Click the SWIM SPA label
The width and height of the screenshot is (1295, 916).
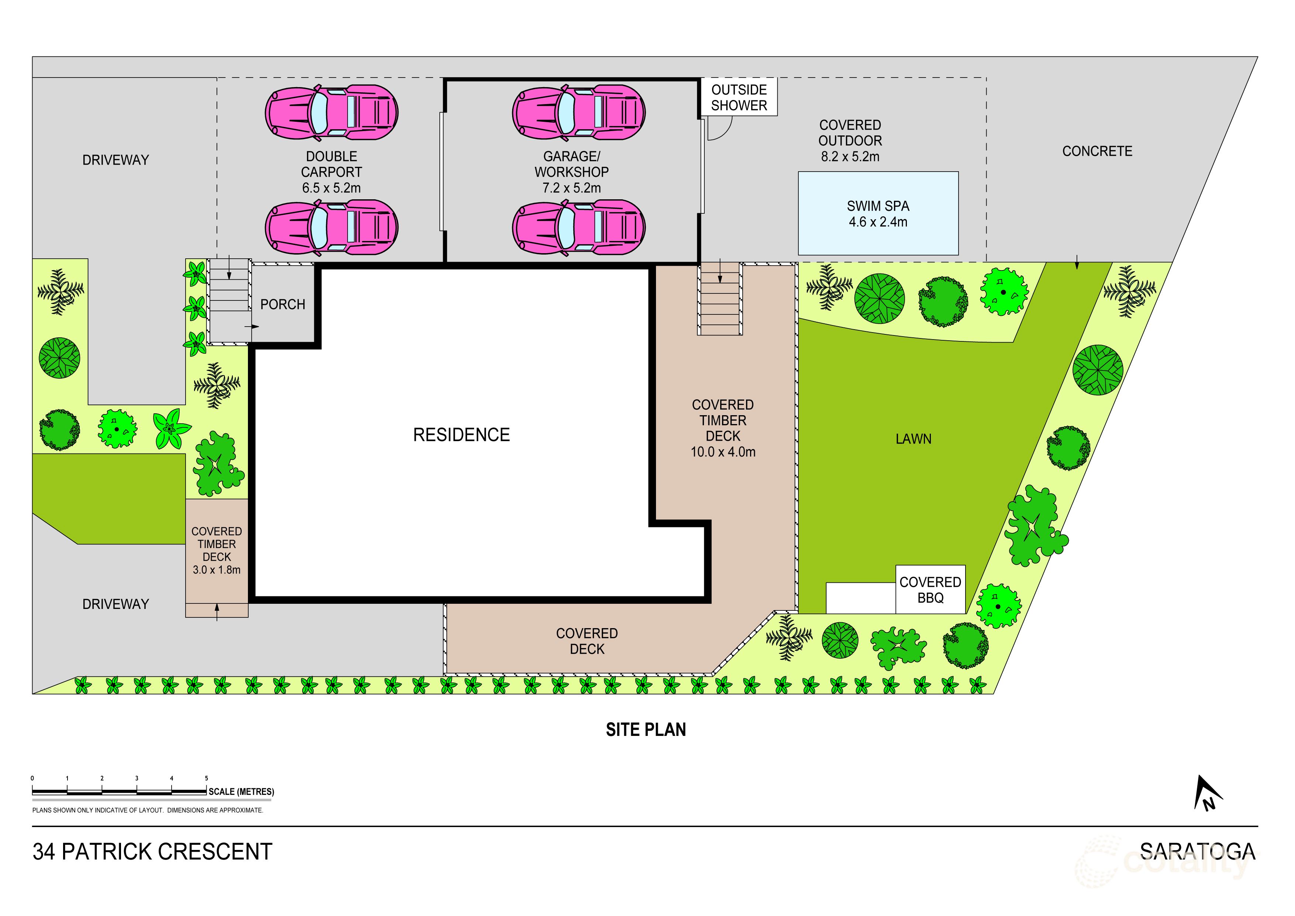pos(878,206)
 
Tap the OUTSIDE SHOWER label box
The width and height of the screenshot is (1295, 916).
pos(739,97)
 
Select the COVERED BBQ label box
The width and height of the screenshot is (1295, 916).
pos(930,589)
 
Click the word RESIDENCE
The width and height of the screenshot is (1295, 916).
pos(462,435)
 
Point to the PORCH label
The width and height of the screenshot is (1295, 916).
pos(283,304)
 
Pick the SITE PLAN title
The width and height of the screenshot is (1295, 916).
pos(646,730)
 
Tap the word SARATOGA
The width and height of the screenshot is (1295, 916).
pos(1198,852)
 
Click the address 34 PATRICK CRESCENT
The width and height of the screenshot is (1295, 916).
pos(152,852)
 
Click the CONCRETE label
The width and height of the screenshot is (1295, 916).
pos(1097,151)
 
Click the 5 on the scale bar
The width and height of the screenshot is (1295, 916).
pos(207,778)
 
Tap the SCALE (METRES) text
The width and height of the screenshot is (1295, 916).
pos(241,792)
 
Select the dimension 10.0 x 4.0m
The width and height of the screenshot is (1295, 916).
pos(723,452)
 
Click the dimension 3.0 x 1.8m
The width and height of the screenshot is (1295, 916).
pos(217,570)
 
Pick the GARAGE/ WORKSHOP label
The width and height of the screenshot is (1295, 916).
pos(571,164)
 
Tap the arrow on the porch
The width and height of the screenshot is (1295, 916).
pos(252,327)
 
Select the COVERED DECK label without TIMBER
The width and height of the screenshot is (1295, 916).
pos(587,641)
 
